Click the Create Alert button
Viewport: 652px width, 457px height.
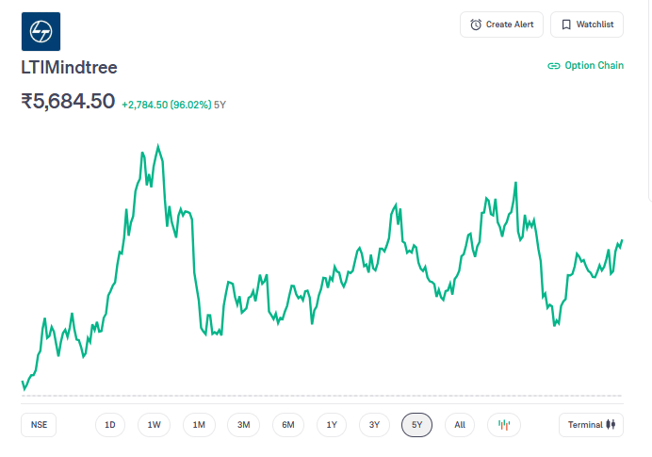click(501, 24)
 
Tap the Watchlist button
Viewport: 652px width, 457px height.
click(587, 24)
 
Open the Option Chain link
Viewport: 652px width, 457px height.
click(585, 66)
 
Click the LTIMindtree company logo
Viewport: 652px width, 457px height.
click(41, 31)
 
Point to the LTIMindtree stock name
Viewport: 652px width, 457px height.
click(69, 68)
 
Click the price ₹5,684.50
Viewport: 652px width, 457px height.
click(68, 101)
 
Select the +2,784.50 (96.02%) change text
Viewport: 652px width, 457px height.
click(166, 105)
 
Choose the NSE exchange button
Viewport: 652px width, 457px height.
click(39, 425)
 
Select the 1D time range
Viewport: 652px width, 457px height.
click(110, 425)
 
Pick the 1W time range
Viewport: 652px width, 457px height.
click(155, 425)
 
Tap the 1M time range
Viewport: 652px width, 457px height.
click(199, 425)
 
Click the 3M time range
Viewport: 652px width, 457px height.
click(243, 425)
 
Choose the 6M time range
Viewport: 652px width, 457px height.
click(288, 425)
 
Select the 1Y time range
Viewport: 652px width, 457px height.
click(332, 425)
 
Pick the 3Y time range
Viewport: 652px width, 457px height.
click(374, 425)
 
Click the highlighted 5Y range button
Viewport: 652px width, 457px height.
click(417, 425)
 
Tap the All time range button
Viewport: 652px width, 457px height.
click(460, 425)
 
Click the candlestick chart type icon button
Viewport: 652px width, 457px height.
click(504, 425)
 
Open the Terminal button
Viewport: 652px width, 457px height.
click(591, 425)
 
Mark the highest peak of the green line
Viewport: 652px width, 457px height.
click(157, 146)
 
